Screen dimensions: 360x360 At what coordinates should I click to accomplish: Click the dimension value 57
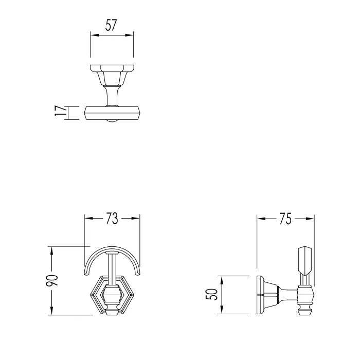pyautogui.click(x=112, y=25)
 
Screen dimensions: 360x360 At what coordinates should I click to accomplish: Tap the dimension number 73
pyautogui.click(x=112, y=219)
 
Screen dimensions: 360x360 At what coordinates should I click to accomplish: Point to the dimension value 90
pyautogui.click(x=52, y=280)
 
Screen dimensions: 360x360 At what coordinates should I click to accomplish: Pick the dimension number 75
pyautogui.click(x=285, y=219)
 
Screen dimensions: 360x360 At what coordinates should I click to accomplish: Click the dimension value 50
pyautogui.click(x=212, y=294)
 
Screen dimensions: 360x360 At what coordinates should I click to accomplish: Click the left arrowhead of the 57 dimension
pyautogui.click(x=94, y=35)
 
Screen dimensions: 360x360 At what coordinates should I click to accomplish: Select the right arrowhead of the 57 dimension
pyautogui.click(x=129, y=35)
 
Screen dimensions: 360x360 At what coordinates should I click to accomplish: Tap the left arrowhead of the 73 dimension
pyautogui.click(x=88, y=218)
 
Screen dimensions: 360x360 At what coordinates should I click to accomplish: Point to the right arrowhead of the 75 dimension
pyautogui.click(x=310, y=219)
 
